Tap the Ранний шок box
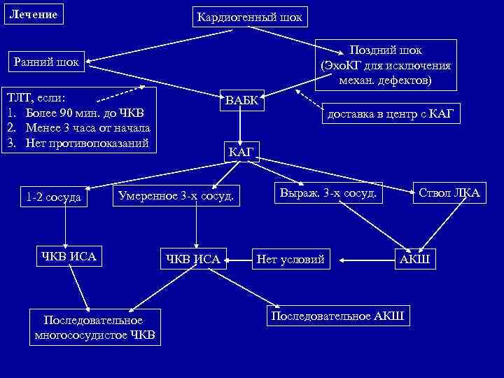[47, 62]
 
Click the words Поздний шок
[386, 51]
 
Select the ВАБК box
[241, 100]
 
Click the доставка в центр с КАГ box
[393, 113]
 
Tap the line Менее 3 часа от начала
[87, 127]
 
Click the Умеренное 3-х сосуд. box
[176, 195]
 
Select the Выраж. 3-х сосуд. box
[328, 192]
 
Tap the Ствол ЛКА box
[449, 192]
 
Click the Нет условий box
[290, 260]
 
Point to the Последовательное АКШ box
[337, 316]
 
